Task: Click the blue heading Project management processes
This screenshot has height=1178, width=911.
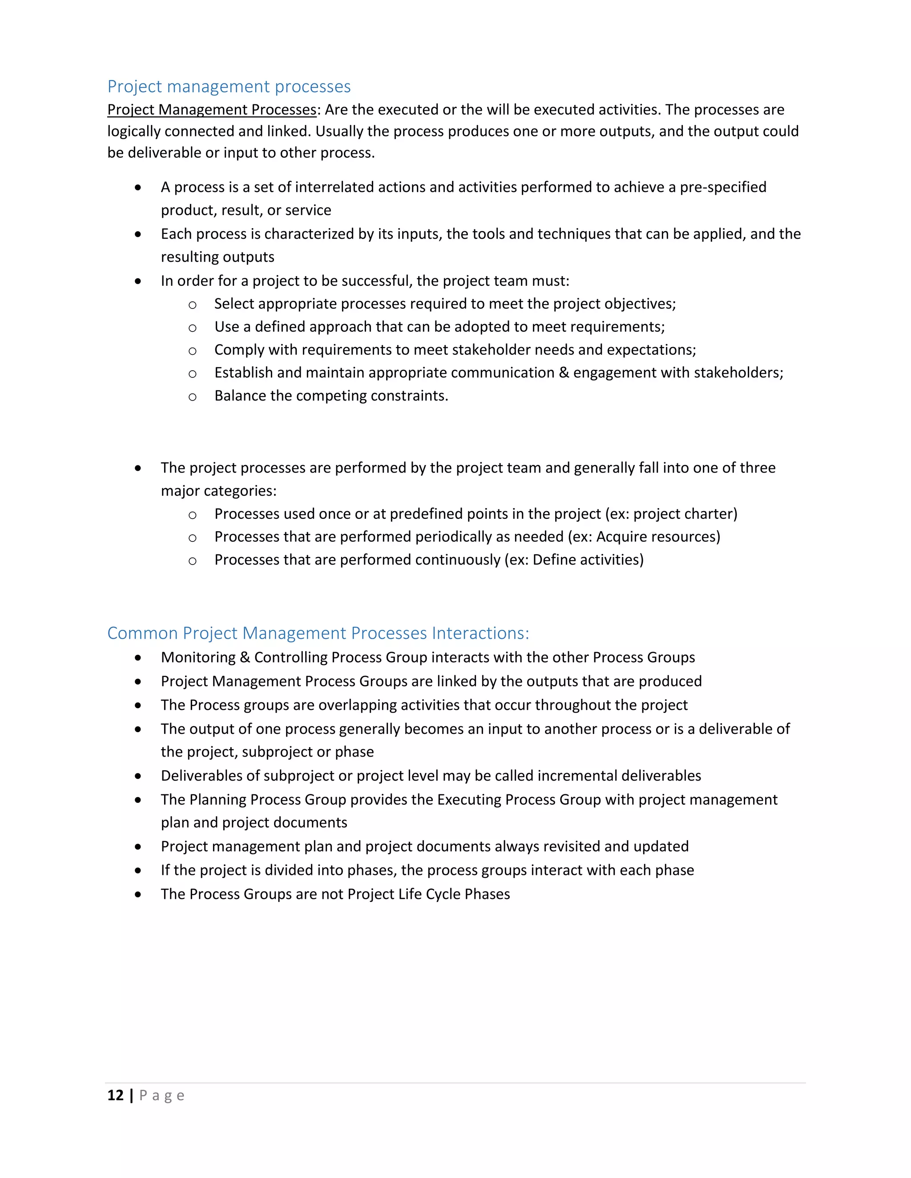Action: (x=229, y=86)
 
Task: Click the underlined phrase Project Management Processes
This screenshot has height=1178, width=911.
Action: (x=212, y=109)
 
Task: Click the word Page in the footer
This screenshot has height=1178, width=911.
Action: (x=162, y=1095)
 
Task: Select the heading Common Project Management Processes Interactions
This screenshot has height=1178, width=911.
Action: (x=318, y=633)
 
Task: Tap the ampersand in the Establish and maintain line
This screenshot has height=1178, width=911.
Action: (x=564, y=373)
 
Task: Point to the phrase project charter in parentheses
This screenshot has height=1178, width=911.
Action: (x=683, y=513)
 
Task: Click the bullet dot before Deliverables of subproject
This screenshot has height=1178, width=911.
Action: (x=138, y=776)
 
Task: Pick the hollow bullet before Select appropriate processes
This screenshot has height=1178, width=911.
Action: (x=192, y=305)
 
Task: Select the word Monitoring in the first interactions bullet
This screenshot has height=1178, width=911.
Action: (x=198, y=657)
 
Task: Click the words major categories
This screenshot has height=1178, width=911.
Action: (x=218, y=491)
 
